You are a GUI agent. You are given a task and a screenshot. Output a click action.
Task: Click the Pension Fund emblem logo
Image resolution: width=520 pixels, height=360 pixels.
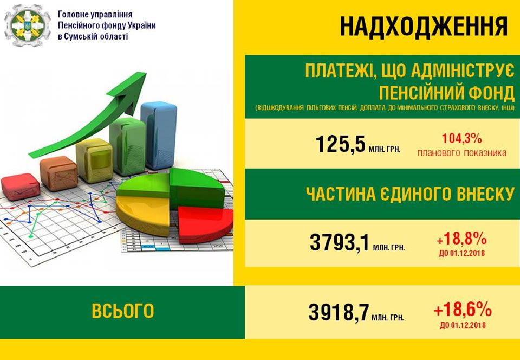click(x=28, y=25)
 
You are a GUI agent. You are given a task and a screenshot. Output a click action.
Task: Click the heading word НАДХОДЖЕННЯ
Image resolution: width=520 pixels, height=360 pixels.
click(x=424, y=26)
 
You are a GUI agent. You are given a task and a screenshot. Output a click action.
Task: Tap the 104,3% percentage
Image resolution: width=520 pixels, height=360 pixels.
click(x=461, y=138)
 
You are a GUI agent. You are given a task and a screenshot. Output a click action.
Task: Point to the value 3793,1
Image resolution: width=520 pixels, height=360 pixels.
click(x=339, y=242)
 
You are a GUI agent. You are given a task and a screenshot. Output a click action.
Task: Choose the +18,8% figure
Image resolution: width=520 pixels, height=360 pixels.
click(x=461, y=238)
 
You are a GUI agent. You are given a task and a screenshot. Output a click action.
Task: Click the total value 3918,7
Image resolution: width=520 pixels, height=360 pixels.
click(x=339, y=312)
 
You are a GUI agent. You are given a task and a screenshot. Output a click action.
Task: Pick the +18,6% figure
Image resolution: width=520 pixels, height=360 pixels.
click(x=463, y=310)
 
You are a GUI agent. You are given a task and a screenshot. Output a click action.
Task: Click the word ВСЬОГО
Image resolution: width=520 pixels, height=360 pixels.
click(x=123, y=311)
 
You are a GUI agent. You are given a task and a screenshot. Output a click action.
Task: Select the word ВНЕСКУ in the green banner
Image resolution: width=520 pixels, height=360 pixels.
click(x=485, y=194)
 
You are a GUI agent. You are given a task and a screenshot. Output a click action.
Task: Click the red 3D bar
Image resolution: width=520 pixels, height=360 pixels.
click(x=21, y=187)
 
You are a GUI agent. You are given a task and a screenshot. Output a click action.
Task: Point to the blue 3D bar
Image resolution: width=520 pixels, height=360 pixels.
click(x=159, y=135)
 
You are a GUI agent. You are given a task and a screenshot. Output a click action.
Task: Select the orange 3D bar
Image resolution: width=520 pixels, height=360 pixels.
click(x=58, y=173)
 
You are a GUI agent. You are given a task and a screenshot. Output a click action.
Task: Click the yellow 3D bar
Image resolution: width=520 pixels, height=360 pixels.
click(x=94, y=160)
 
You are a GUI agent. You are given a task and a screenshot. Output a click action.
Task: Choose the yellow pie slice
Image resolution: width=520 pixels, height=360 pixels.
click(x=143, y=215)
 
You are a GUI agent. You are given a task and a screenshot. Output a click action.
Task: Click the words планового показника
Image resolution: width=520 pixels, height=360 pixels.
click(x=461, y=153)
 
